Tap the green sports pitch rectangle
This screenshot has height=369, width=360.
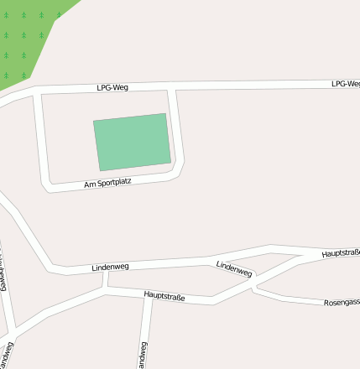click(132, 141)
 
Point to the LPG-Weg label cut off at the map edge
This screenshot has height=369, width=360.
click(345, 84)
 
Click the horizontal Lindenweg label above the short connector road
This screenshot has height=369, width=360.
click(110, 267)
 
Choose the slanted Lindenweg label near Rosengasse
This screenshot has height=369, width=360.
click(234, 268)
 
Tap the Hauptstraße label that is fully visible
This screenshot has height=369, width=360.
click(164, 296)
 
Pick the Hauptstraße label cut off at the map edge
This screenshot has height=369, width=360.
click(341, 252)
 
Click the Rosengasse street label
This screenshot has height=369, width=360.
click(342, 301)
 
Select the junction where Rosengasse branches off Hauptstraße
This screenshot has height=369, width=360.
click(253, 288)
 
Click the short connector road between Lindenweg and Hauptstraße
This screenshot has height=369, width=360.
click(106, 279)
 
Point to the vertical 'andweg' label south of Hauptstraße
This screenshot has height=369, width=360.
click(141, 355)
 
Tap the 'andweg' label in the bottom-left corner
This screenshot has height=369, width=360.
click(8, 354)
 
